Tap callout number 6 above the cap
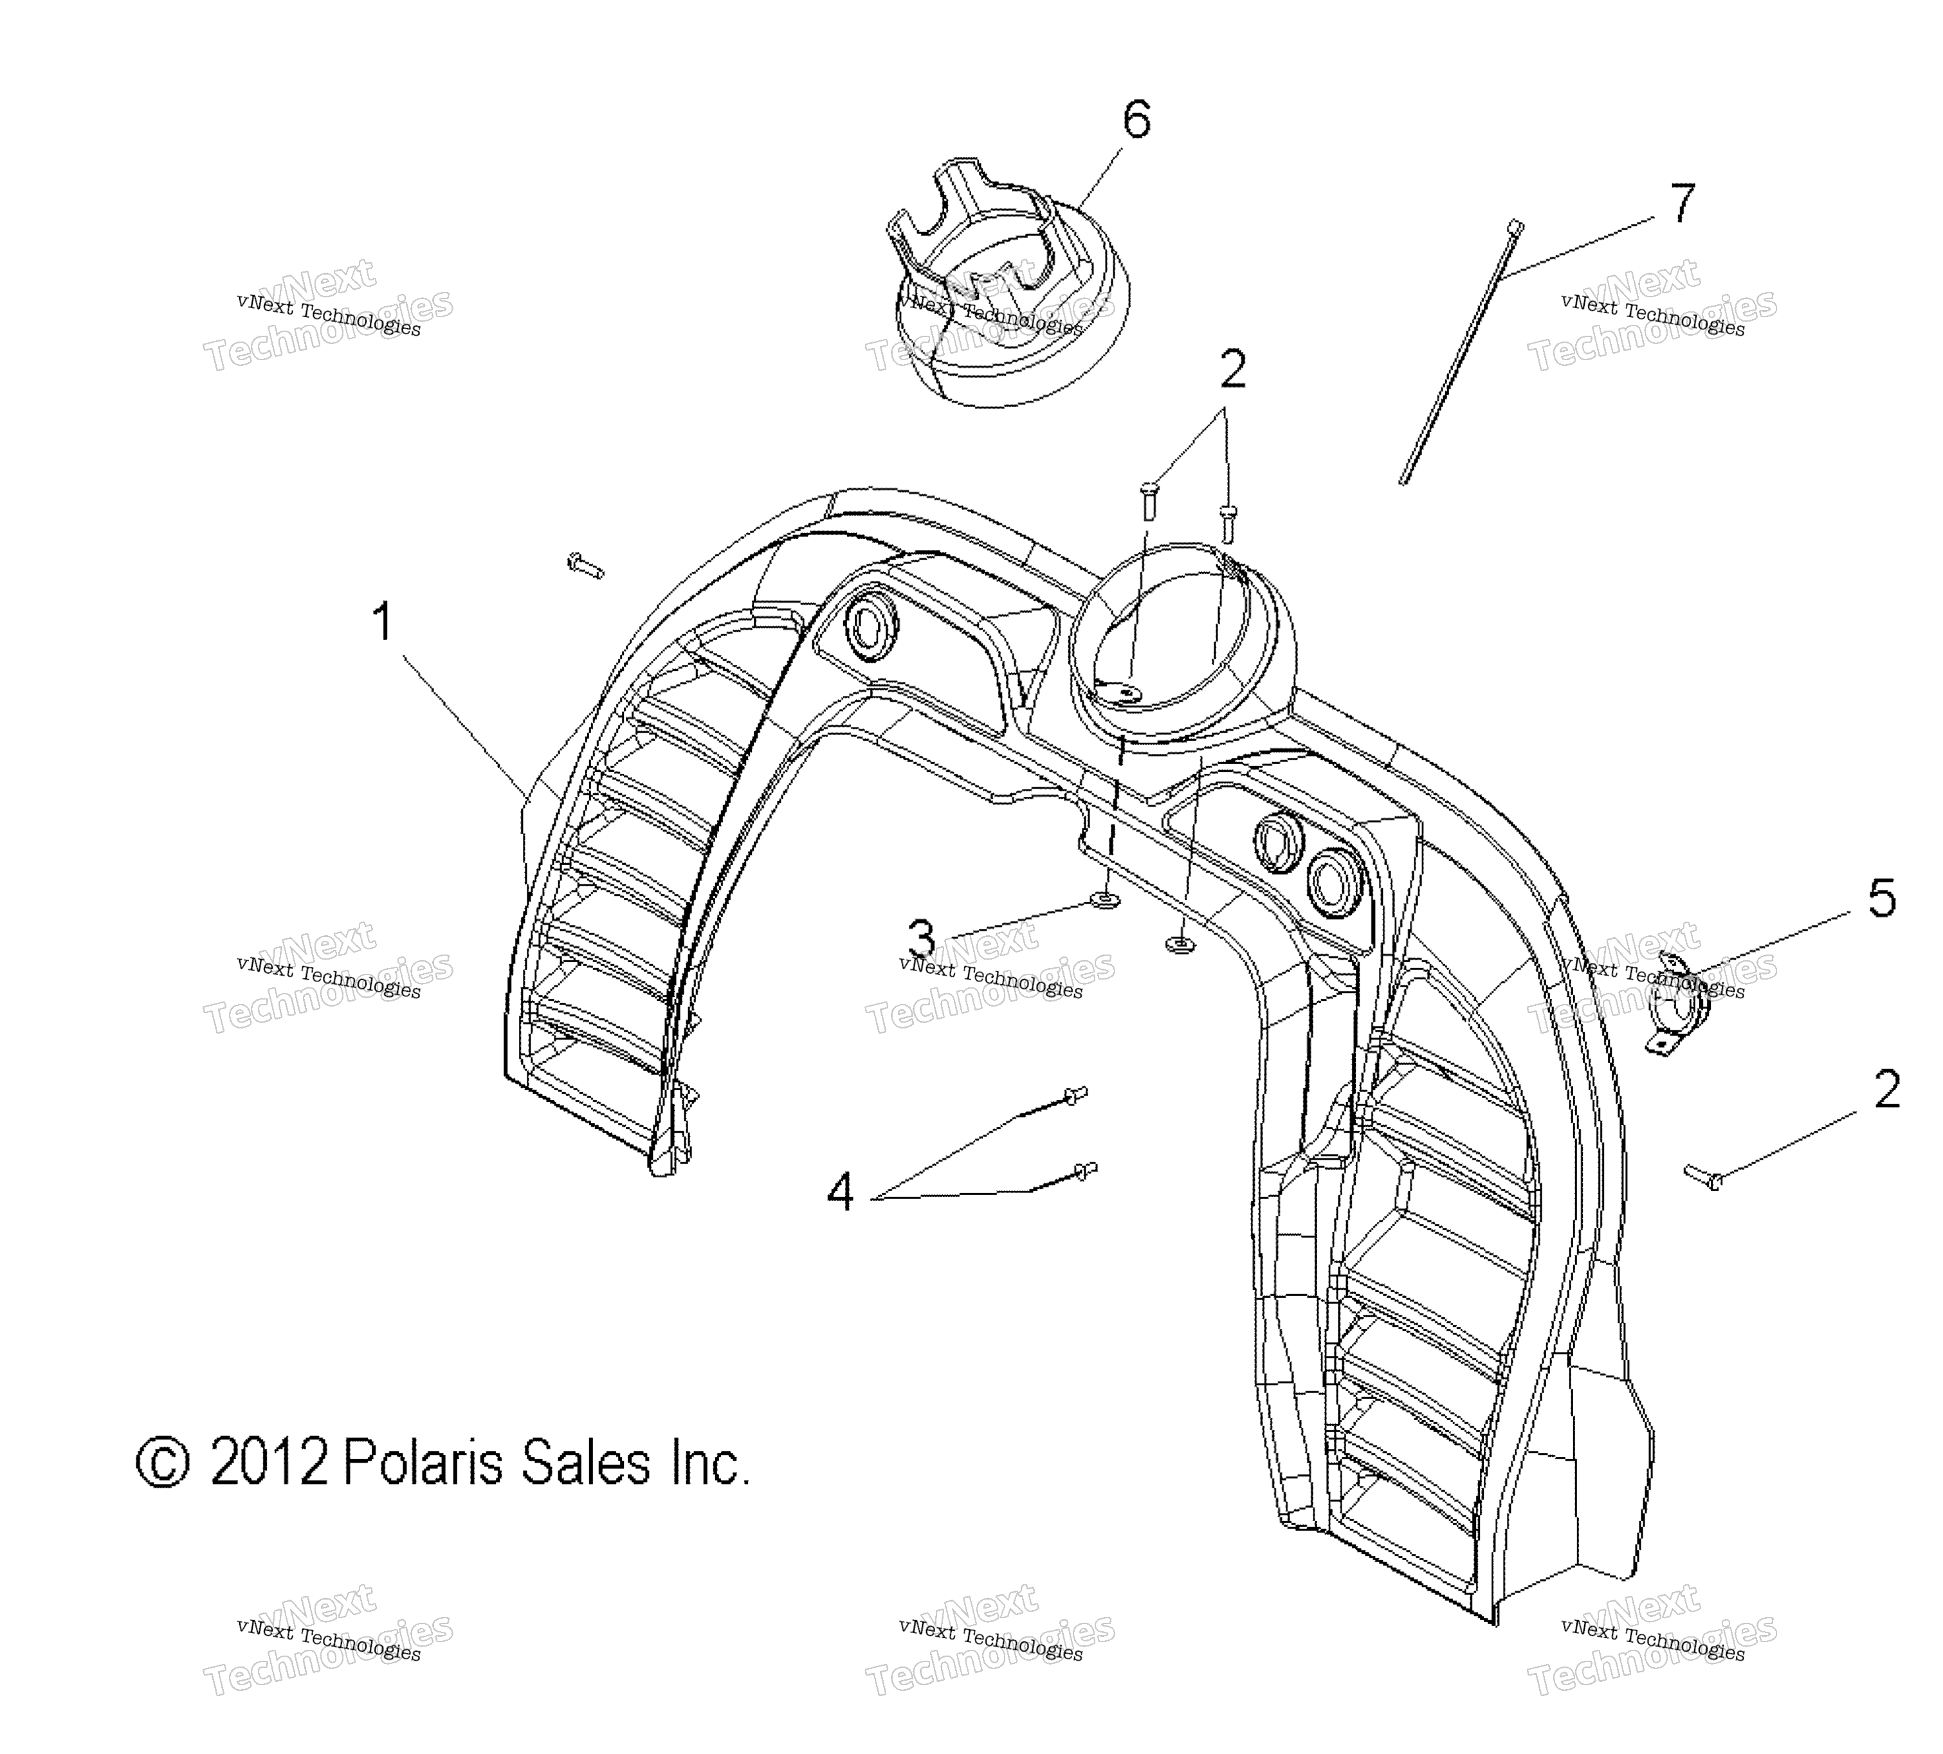1136,120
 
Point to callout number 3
922,938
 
